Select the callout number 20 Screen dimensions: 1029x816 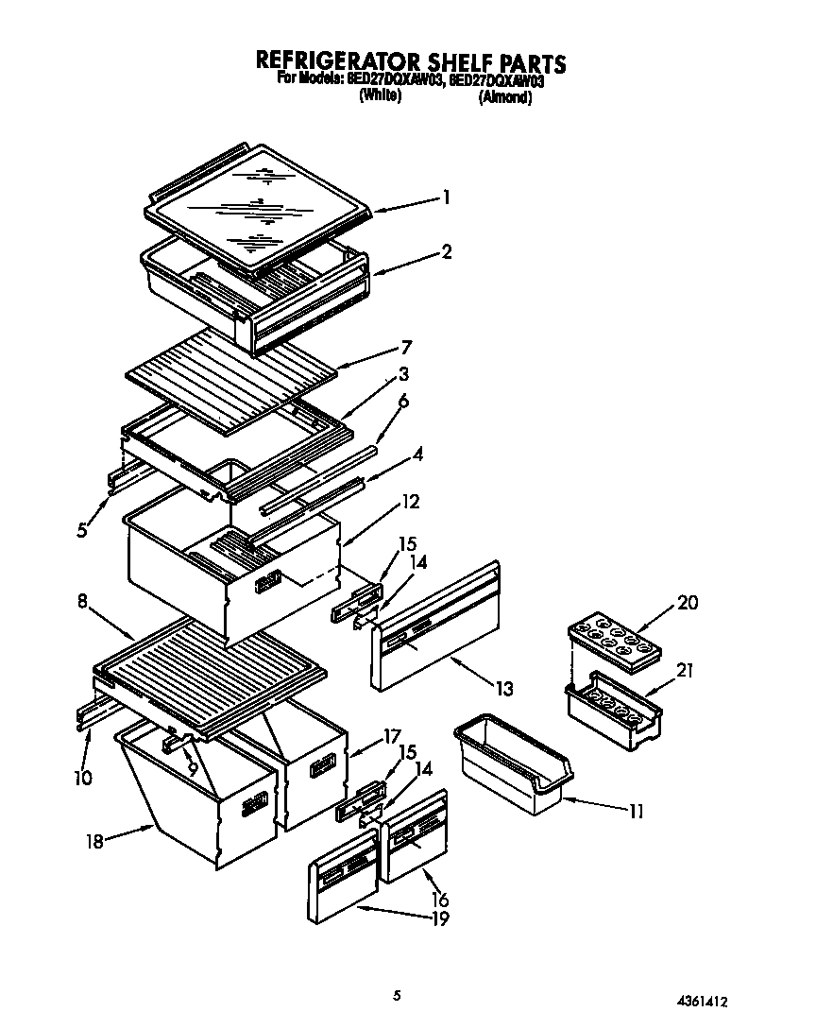(688, 603)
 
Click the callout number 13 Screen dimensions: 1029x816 (505, 691)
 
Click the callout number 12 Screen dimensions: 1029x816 (410, 502)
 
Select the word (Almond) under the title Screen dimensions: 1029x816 (505, 97)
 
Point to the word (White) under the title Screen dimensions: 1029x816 (381, 96)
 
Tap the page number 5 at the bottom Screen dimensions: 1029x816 (398, 994)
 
